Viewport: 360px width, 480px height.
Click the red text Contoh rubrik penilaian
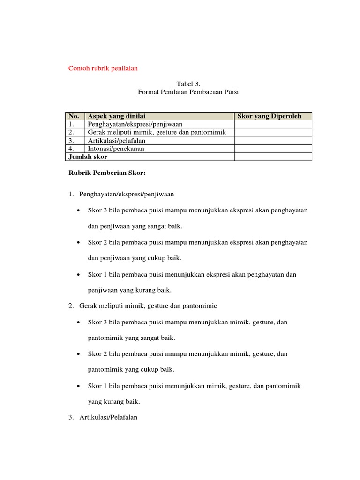(103, 68)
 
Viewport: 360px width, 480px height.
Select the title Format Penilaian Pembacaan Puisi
(188, 92)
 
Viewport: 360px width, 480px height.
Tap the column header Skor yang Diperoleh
(270, 116)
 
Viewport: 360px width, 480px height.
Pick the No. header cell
(74, 116)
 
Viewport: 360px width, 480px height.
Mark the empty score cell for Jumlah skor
(273, 157)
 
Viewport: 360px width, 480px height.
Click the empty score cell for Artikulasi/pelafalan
(273, 141)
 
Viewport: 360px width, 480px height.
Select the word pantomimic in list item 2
(199, 306)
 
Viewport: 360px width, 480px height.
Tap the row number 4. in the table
(72, 149)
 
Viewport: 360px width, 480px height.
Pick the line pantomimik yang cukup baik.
(131, 370)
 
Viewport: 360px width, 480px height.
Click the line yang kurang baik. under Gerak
(114, 402)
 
